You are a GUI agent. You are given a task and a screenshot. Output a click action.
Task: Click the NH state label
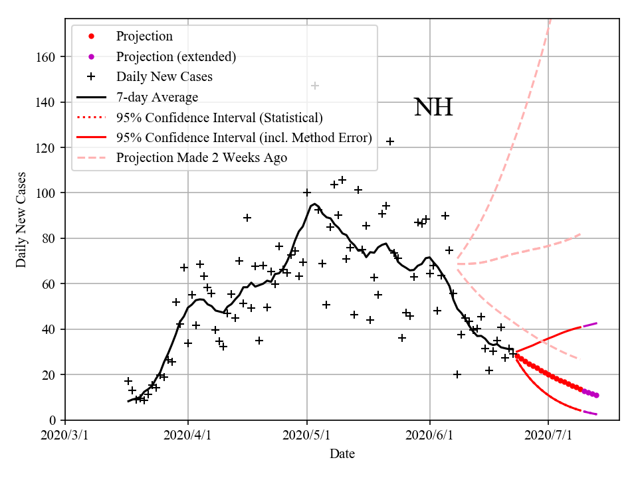433,107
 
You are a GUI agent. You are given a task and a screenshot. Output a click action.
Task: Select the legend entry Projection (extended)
175,56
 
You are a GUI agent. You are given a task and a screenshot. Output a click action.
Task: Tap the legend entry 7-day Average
157,98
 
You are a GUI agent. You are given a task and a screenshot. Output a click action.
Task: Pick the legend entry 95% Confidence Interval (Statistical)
219,118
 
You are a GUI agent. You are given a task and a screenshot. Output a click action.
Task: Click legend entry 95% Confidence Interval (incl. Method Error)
243,138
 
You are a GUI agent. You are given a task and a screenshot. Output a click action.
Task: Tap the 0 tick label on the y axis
56,420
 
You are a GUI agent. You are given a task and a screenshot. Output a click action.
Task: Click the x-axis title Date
342,454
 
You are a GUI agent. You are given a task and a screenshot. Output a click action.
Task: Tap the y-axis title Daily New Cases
21,220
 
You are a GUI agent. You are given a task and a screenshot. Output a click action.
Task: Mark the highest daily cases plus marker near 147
315,86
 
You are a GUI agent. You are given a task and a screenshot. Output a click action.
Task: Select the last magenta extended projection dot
597,395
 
